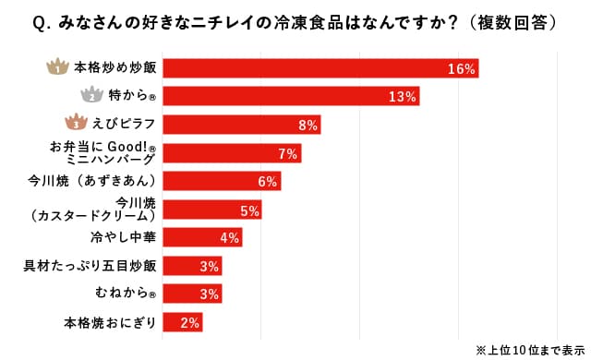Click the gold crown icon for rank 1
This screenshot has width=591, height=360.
[57, 67]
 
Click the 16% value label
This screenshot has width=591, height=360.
[460, 68]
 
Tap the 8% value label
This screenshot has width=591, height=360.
[308, 125]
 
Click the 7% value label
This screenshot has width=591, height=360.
[287, 153]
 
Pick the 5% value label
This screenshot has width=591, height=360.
[248, 210]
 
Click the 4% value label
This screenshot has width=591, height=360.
[229, 238]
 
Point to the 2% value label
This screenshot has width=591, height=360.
[190, 323]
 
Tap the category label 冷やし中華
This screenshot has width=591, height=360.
[123, 238]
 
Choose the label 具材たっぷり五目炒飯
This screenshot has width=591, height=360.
[90, 267]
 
